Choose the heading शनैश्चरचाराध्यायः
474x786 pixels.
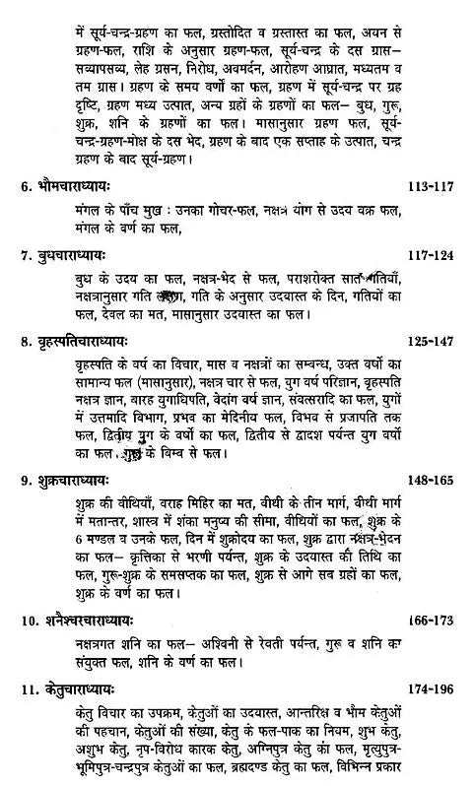(x=90, y=622)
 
